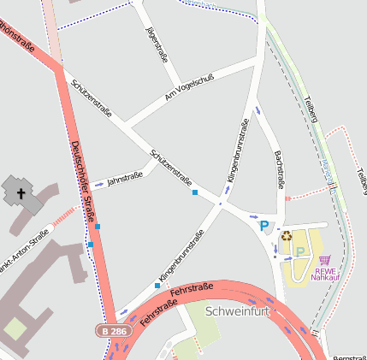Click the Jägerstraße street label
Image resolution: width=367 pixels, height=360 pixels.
coord(157,45)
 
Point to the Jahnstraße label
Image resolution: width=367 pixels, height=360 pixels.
coord(125,179)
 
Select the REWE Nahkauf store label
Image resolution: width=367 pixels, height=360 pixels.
coord(324,274)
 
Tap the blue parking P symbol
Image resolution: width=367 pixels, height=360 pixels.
coord(264,226)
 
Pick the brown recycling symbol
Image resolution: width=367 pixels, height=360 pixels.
coord(287,236)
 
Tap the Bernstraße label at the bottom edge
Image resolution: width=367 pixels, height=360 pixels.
coord(349,357)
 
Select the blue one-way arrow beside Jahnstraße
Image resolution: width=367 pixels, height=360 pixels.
coord(99,184)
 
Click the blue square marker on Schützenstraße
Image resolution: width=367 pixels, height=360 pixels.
coord(195,192)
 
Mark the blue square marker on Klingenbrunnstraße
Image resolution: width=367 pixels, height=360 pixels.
coord(157,285)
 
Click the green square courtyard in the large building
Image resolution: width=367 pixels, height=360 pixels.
coord(14,328)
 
